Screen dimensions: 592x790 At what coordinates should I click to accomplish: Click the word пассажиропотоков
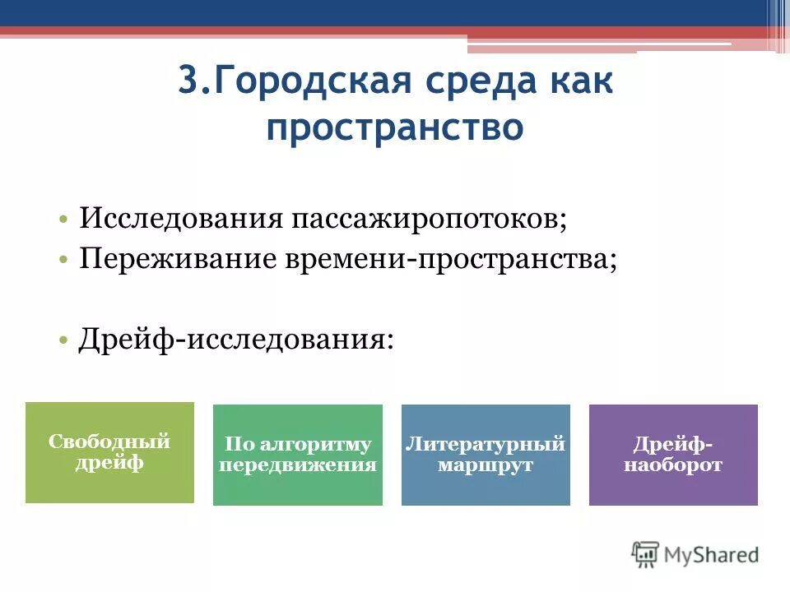point(425,218)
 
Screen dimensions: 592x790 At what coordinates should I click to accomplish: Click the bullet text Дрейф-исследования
point(235,338)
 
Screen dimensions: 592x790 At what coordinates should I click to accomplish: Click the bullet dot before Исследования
point(63,220)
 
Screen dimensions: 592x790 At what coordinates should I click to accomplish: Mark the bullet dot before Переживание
point(63,260)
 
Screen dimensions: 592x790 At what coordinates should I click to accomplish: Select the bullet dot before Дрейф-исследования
point(63,340)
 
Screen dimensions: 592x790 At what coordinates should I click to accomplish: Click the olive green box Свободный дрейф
point(109,452)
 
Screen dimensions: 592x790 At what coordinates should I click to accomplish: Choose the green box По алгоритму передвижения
point(298,455)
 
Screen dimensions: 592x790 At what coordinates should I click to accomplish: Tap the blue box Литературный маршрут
point(486,455)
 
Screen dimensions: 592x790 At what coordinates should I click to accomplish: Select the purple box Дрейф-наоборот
point(673,455)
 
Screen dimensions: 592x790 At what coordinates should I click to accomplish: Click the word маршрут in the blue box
point(486,465)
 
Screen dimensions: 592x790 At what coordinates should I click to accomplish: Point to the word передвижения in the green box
point(298,465)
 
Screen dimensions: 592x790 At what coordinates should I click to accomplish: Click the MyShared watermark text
point(712,554)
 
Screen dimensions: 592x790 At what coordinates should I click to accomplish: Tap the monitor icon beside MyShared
point(646,553)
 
